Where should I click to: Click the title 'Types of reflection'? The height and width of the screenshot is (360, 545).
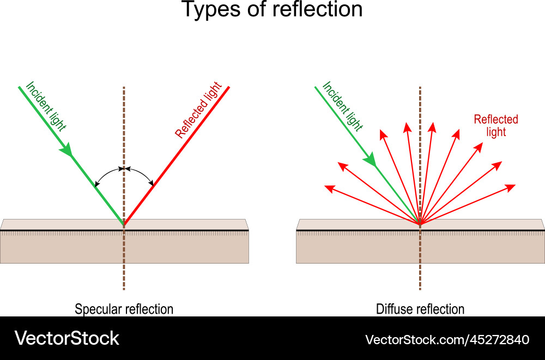pyautogui.click(x=271, y=10)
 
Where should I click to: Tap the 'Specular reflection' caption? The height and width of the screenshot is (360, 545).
pyautogui.click(x=124, y=309)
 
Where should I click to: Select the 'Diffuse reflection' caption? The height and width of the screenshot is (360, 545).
pyautogui.click(x=420, y=309)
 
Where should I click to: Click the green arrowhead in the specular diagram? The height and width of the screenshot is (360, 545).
pyautogui.click(x=67, y=149)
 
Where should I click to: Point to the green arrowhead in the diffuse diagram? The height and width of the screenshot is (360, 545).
pyautogui.click(x=370, y=159)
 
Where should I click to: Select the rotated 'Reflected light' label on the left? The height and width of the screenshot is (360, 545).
pyautogui.click(x=198, y=111)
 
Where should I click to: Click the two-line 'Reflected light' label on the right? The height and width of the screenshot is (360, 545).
pyautogui.click(x=496, y=126)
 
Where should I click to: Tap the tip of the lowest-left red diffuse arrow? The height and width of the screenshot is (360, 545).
pyautogui.click(x=325, y=187)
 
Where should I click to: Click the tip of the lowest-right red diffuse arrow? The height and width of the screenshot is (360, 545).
pyautogui.click(x=514, y=186)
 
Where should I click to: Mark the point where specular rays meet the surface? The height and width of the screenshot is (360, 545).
pyautogui.click(x=124, y=224)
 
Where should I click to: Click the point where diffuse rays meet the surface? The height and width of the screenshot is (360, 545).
pyautogui.click(x=420, y=223)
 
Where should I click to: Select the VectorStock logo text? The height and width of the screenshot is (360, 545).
pyautogui.click(x=67, y=338)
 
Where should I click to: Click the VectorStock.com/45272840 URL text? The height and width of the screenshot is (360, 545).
pyautogui.click(x=447, y=340)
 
